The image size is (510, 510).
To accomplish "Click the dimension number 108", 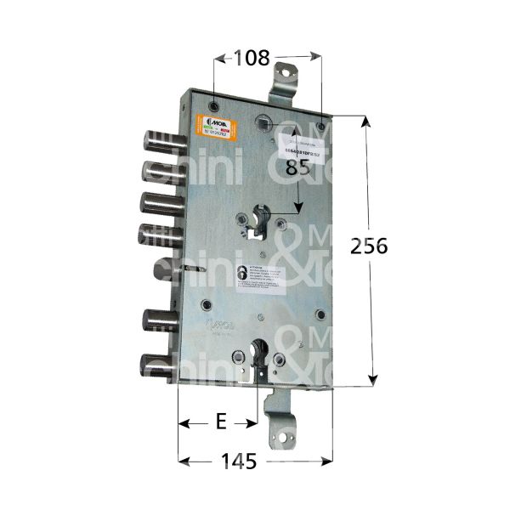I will click(252, 59).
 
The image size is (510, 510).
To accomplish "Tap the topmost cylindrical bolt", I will click(157, 139).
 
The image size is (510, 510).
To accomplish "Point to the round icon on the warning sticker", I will click(243, 273).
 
